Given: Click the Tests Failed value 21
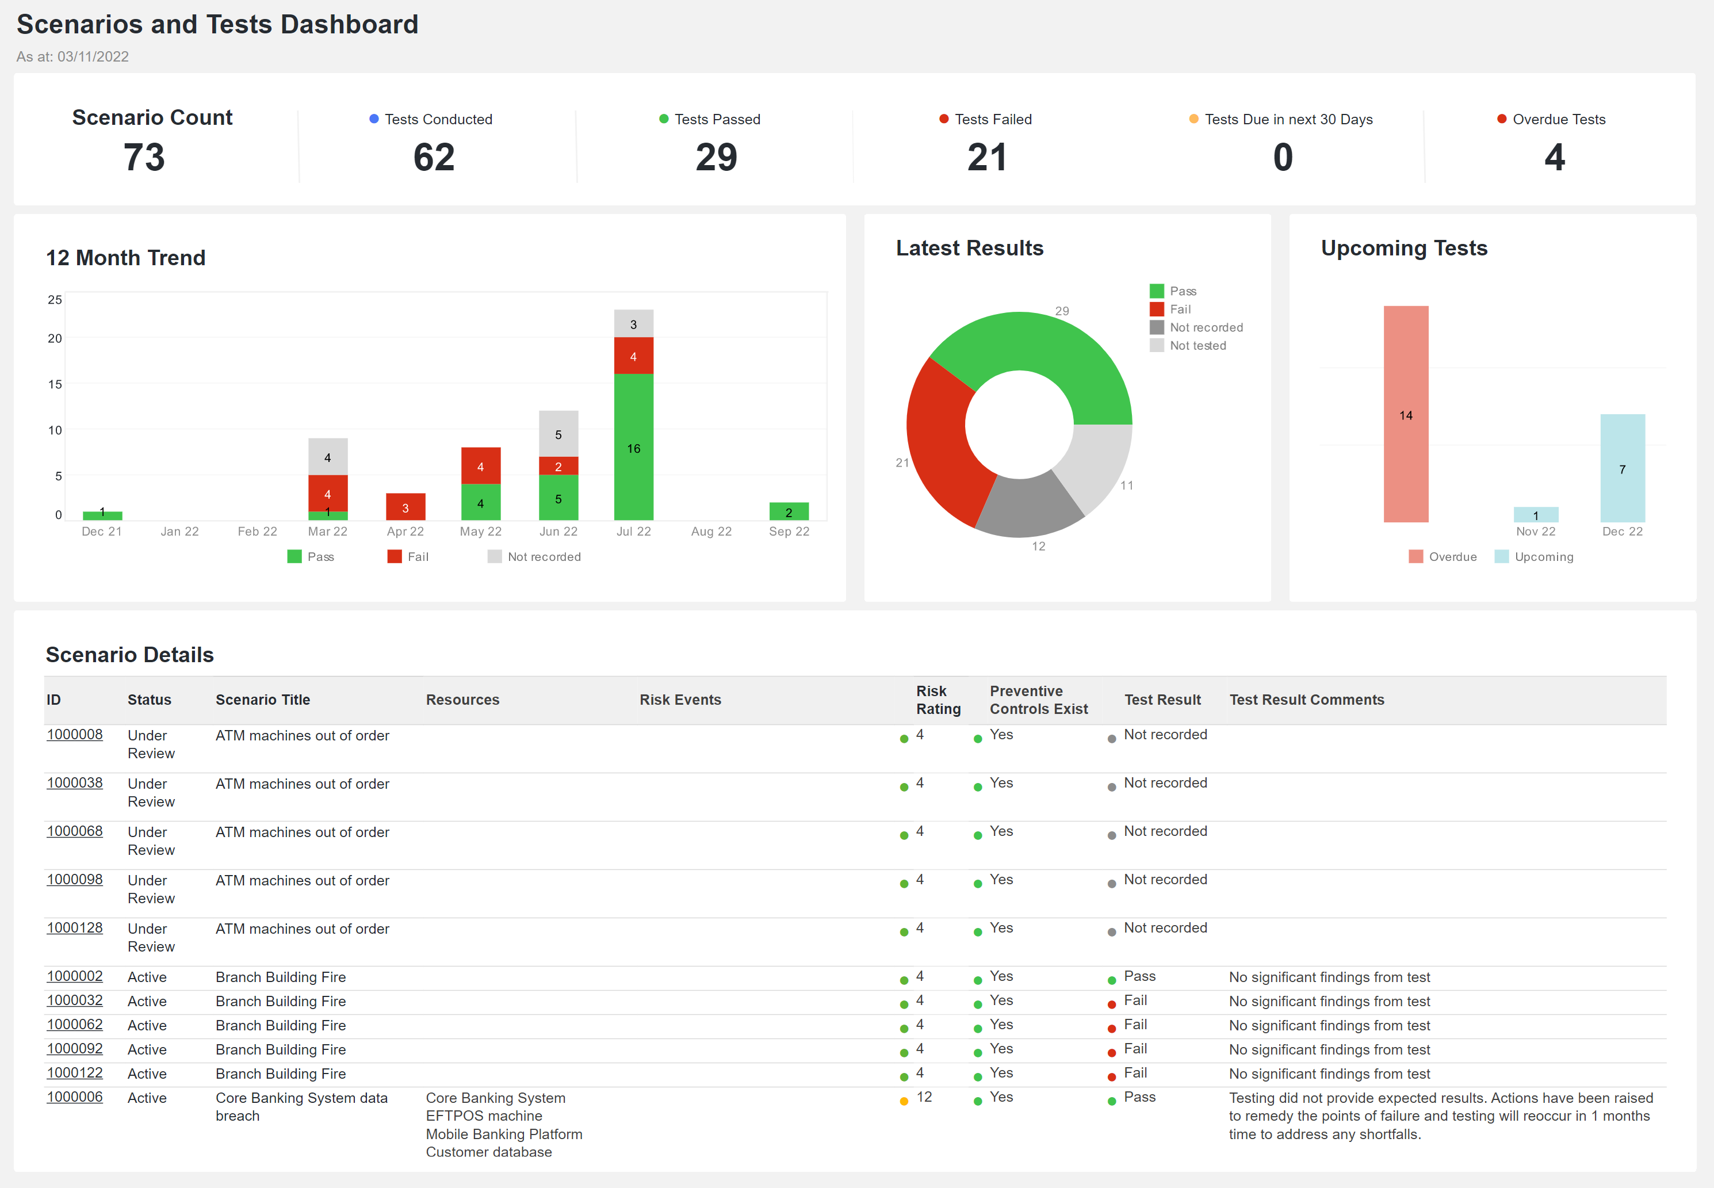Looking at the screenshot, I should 987,157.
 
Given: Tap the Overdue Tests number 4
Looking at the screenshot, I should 1554,157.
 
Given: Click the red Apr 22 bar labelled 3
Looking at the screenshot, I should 405,507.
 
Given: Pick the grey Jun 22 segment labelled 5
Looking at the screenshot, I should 558,433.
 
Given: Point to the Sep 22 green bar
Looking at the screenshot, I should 789,511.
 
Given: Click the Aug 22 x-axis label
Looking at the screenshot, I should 711,532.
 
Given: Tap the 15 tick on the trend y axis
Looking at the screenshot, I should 55,384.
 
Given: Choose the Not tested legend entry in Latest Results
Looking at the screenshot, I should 1197,345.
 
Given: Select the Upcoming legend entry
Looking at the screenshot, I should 1543,557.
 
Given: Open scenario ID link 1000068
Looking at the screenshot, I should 74,831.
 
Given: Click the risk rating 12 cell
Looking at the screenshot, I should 924,1097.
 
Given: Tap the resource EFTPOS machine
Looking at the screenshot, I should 484,1116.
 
